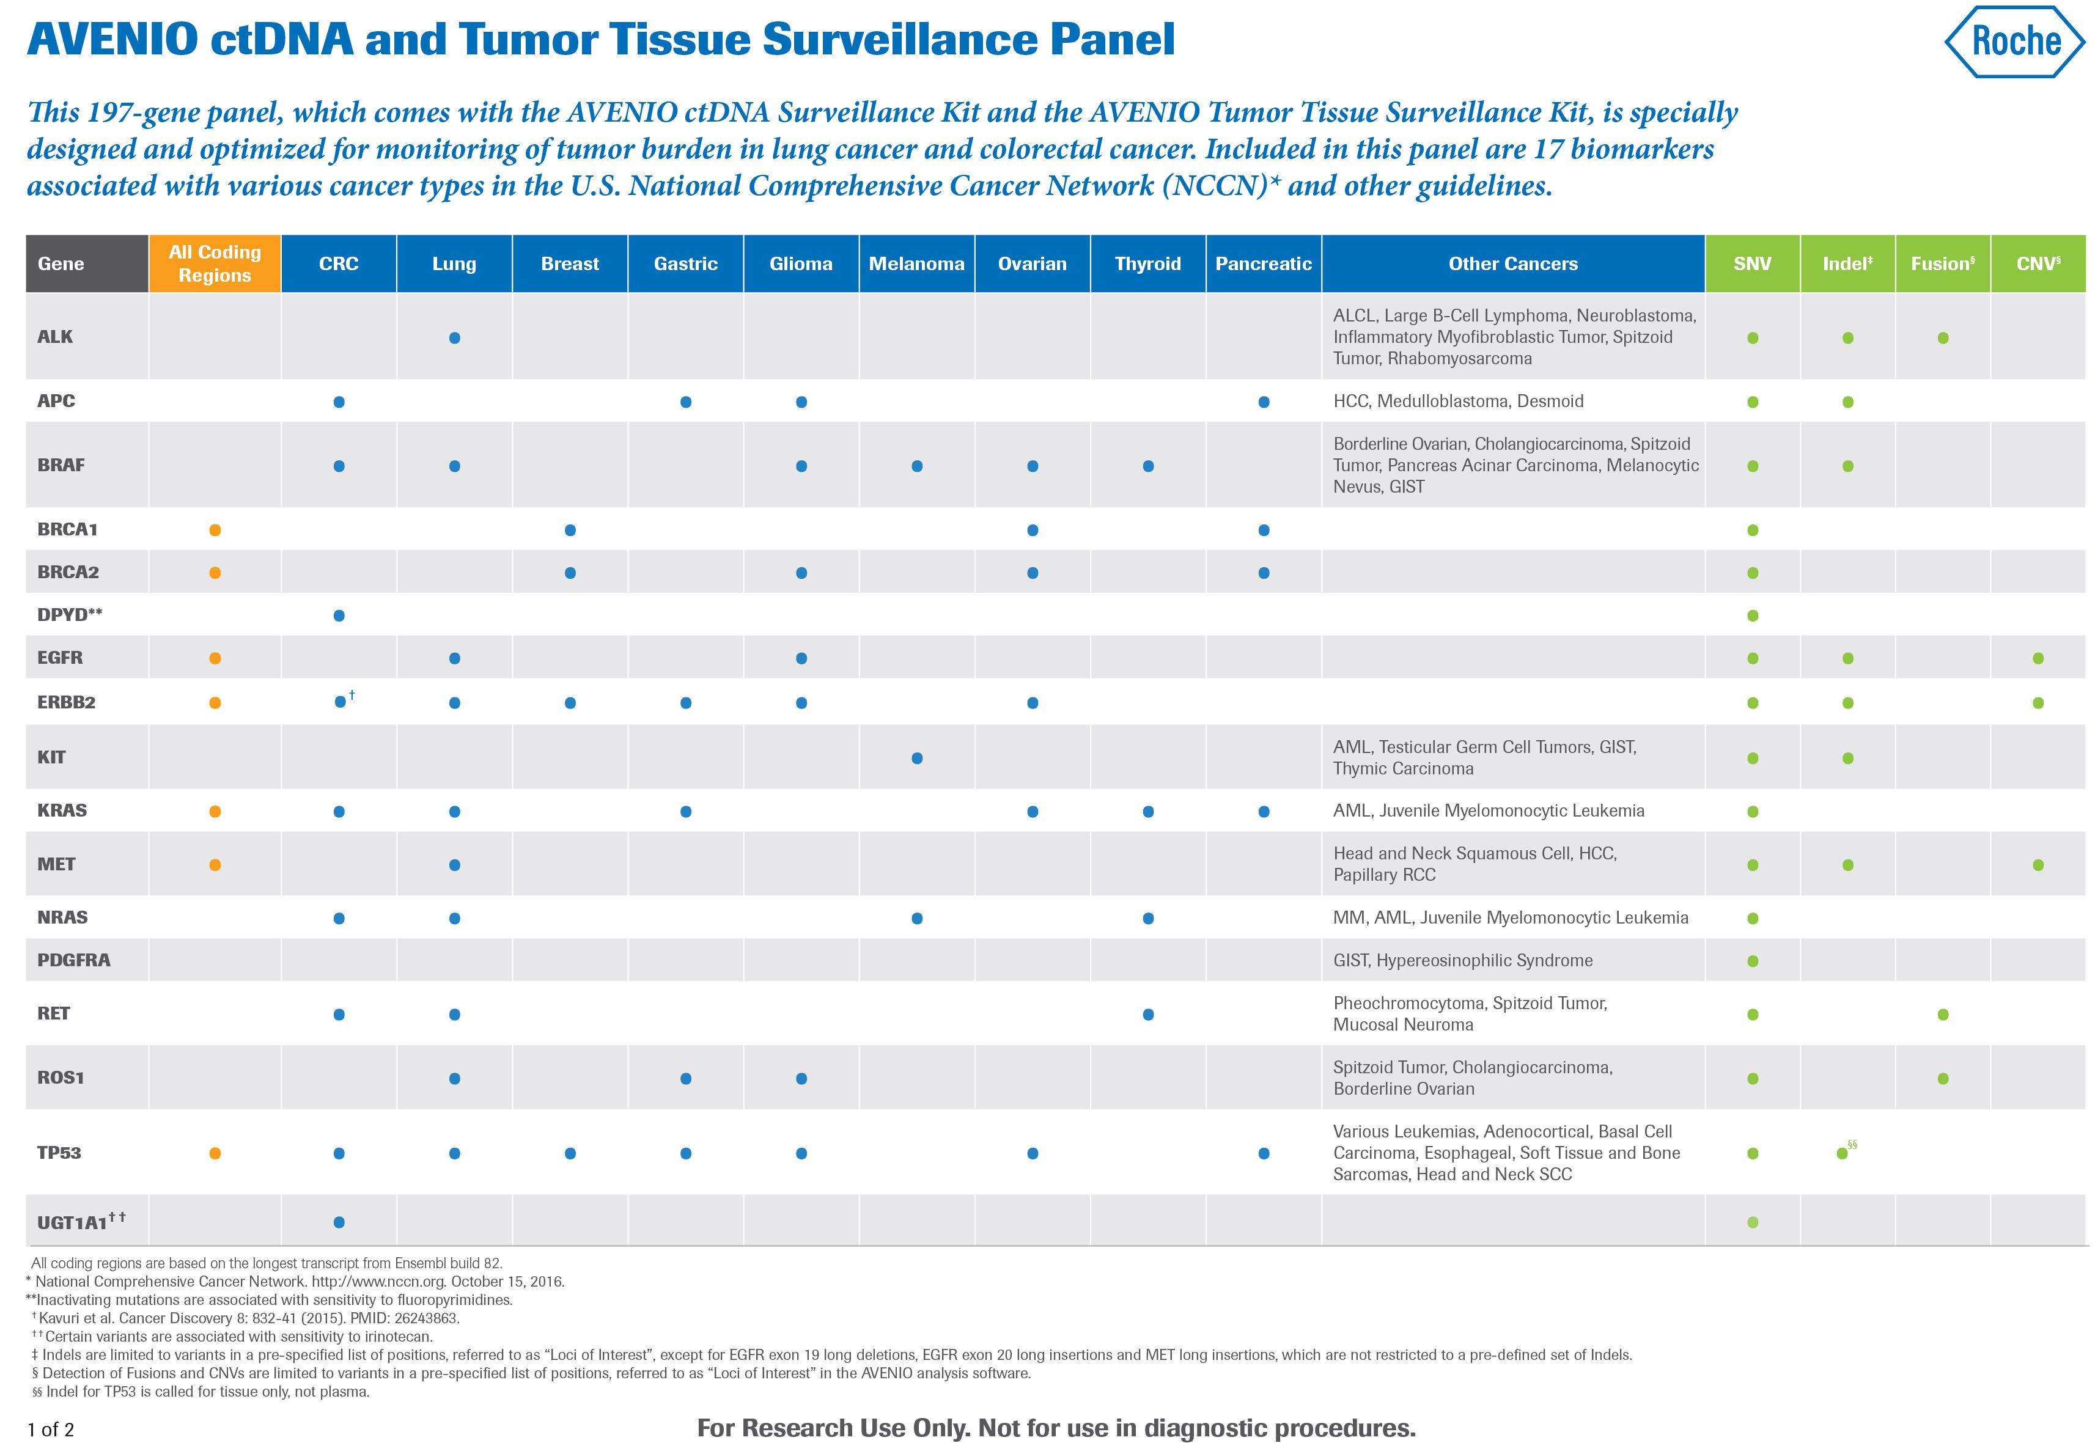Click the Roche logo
tap(2014, 41)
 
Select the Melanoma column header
tap(916, 263)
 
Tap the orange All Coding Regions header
tap(215, 263)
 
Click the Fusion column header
tap(1942, 263)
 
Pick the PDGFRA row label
tap(73, 960)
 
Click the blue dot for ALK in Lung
tap(455, 337)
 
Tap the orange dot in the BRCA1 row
tap(215, 530)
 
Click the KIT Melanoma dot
tap(916, 757)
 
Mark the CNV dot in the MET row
tap(2038, 865)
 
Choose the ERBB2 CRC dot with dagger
tap(340, 702)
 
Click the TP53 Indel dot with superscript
tap(1841, 1153)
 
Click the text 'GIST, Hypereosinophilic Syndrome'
tap(1462, 960)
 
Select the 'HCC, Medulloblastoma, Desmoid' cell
tap(1457, 401)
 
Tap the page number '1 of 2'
tap(51, 1429)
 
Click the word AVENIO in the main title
tap(112, 40)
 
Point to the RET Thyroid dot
tap(1147, 1014)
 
